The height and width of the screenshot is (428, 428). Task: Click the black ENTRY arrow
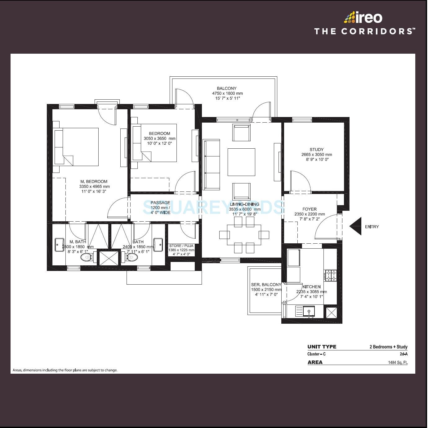[356, 226]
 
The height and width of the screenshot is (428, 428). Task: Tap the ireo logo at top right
[363, 18]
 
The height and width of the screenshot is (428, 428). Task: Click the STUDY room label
[316, 150]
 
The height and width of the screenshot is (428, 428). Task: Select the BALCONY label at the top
[227, 88]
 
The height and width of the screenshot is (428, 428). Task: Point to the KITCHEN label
[311, 287]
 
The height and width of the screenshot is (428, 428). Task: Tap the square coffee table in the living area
[241, 162]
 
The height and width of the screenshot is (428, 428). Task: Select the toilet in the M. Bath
[86, 257]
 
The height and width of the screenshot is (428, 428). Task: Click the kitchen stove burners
[330, 275]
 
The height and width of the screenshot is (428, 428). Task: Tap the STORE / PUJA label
[181, 246]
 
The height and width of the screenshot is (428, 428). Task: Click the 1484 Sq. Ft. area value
[398, 363]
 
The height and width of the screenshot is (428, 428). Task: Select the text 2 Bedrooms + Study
[388, 347]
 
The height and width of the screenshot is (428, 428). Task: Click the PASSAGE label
[160, 203]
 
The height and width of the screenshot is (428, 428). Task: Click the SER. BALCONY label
[266, 285]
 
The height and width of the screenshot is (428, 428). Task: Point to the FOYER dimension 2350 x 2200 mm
[310, 214]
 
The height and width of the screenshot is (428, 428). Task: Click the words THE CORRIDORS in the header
[364, 31]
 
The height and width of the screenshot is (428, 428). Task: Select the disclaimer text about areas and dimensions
[65, 370]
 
